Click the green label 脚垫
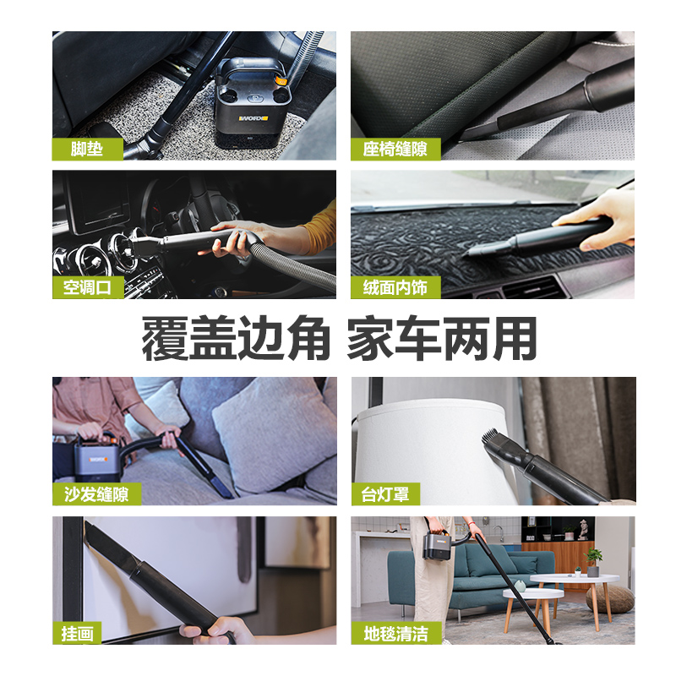point(87,149)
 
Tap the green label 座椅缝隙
point(395,149)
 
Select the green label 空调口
point(88,286)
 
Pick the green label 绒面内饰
point(395,286)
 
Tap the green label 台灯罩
point(385,493)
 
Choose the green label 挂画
point(78,633)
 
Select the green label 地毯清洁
point(395,633)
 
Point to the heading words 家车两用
point(442,339)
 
